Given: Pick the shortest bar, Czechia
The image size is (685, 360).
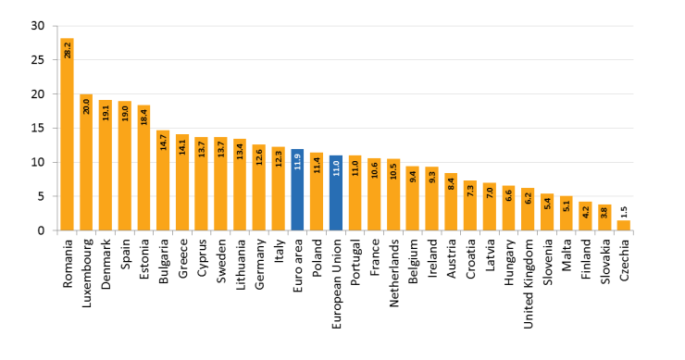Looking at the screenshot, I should coord(624,225).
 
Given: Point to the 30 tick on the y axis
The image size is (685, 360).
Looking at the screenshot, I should coord(37,26).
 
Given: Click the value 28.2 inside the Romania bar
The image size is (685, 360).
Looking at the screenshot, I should coord(67,49).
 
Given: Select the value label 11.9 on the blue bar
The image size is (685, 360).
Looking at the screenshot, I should coord(297,160).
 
